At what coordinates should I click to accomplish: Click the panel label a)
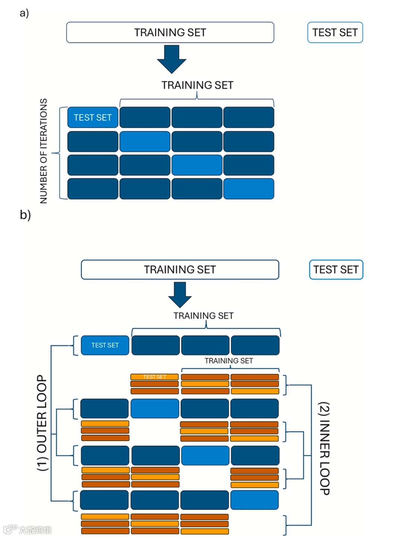[x=24, y=13]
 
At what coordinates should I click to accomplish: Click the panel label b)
[x=25, y=215]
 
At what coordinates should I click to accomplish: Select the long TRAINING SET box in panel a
[x=170, y=33]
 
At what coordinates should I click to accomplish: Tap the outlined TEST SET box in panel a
[x=335, y=33]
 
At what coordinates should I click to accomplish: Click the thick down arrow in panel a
[x=172, y=59]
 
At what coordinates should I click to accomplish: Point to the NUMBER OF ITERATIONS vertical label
[x=44, y=151]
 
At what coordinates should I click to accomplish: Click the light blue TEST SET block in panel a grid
[x=93, y=118]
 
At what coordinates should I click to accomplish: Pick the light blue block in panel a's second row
[x=145, y=141]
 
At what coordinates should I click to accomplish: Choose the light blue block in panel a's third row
[x=197, y=165]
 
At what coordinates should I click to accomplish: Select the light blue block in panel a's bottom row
[x=249, y=189]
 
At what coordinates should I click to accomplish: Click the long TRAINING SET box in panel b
[x=180, y=270]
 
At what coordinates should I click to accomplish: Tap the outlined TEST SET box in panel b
[x=336, y=270]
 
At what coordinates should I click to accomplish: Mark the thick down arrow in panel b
[x=180, y=294]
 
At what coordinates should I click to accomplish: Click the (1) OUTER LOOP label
[x=42, y=423]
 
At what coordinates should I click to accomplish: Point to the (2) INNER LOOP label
[x=324, y=448]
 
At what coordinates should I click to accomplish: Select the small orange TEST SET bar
[x=154, y=377]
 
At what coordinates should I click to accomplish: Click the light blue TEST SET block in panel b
[x=105, y=345]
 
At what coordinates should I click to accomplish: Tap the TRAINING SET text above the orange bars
[x=229, y=361]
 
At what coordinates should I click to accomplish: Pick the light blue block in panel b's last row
[x=255, y=500]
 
